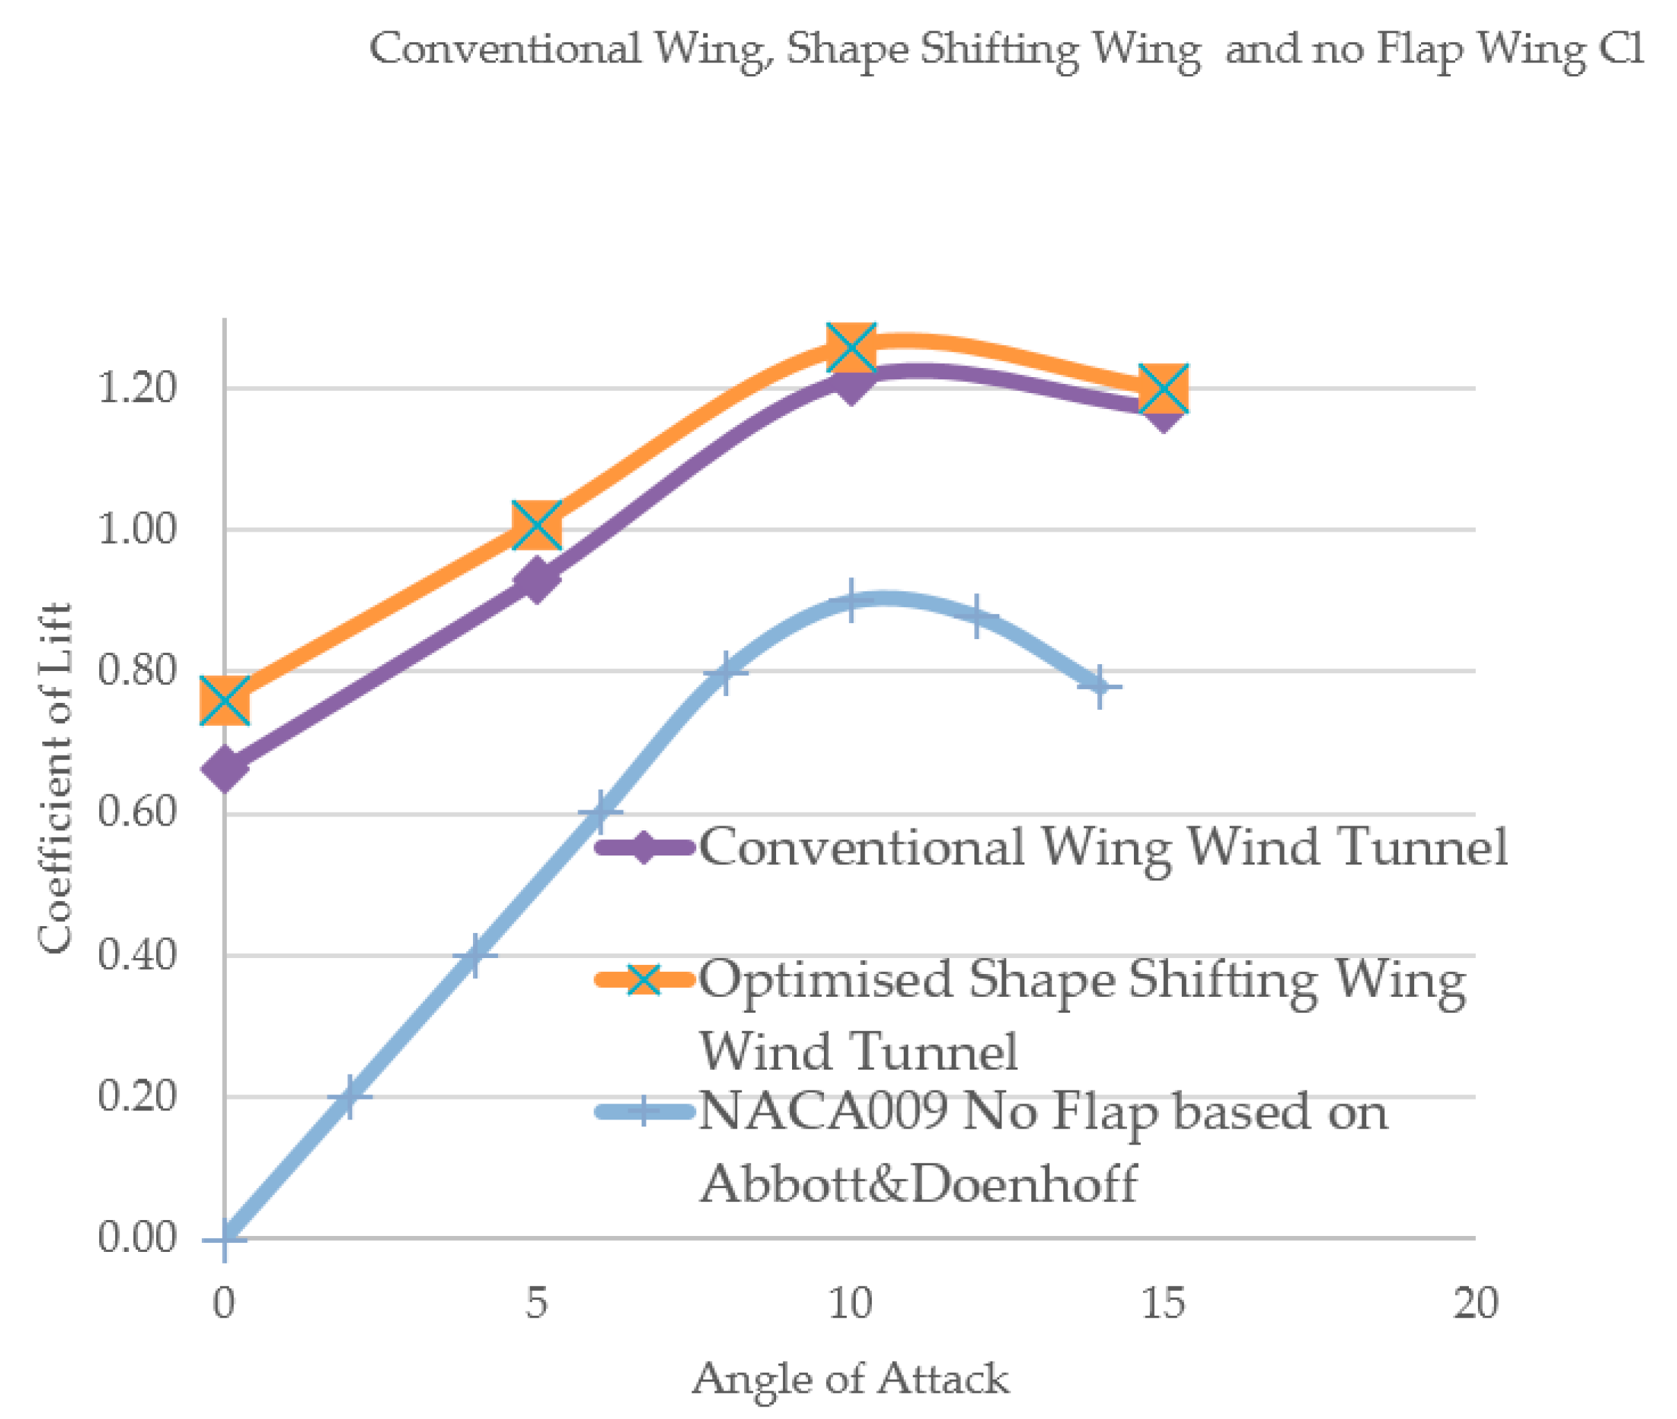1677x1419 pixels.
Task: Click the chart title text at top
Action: tap(1006, 50)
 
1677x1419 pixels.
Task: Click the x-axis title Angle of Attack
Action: tap(850, 1379)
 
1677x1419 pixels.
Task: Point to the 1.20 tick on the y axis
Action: tap(136, 388)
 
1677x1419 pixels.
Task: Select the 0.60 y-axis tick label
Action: tap(136, 812)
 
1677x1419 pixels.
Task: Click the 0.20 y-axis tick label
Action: tap(136, 1097)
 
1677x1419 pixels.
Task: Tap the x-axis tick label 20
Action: tap(1475, 1303)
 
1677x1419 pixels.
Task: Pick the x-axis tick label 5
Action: tap(537, 1303)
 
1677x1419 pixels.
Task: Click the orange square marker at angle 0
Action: tap(225, 700)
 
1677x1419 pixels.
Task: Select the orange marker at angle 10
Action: tap(850, 347)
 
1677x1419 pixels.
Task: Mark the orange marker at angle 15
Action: tap(1164, 388)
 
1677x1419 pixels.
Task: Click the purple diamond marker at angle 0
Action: tap(225, 768)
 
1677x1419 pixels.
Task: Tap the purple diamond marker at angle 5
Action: tap(536, 581)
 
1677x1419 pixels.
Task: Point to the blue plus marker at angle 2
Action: tap(348, 1097)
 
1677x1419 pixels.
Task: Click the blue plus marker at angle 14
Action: tap(1099, 687)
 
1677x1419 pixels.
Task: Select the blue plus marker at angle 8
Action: tap(725, 672)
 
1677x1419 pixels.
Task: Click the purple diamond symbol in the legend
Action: tap(644, 846)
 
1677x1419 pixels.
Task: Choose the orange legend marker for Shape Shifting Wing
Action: tap(644, 979)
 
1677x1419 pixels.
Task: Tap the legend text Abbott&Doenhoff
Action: tap(918, 1184)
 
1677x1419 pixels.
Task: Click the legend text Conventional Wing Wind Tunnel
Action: tap(1103, 846)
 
